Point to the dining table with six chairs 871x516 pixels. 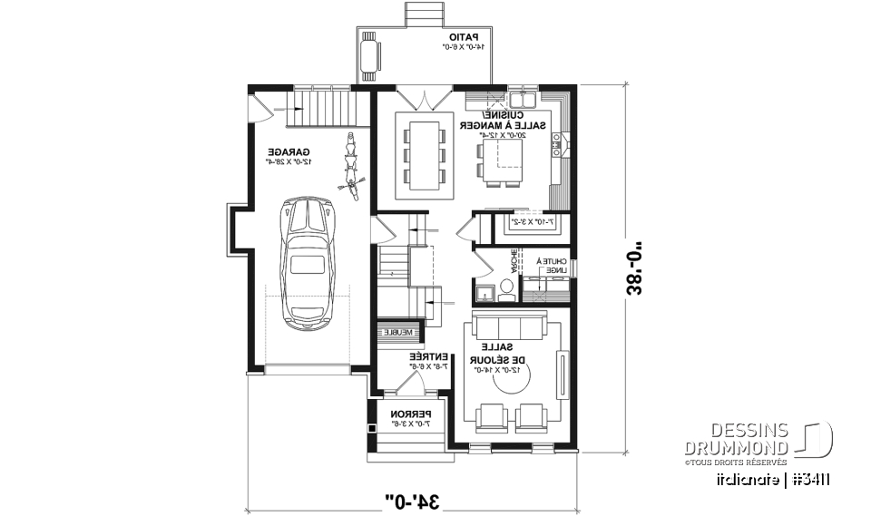point(424,155)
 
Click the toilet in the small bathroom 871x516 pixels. point(506,287)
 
